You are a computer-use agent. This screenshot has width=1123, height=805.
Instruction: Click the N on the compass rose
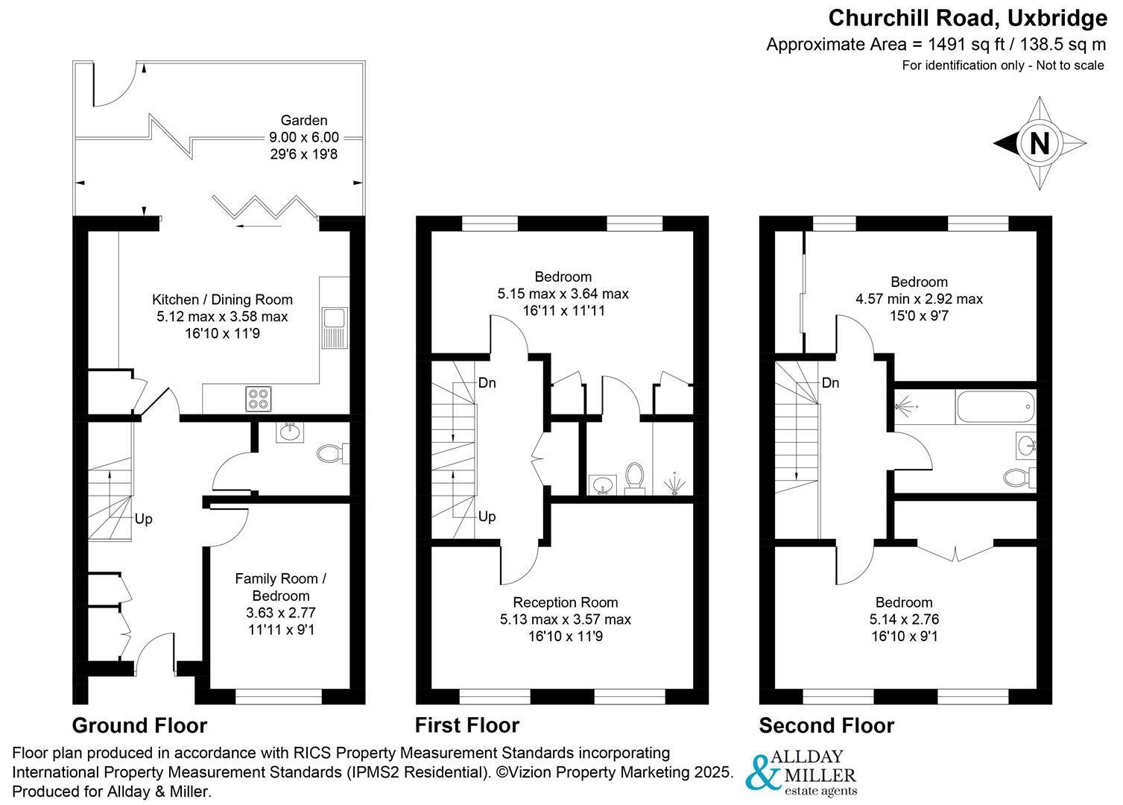point(1040,143)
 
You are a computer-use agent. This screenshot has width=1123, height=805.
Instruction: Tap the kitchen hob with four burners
point(258,399)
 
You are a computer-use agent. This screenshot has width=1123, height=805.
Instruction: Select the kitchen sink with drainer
point(335,328)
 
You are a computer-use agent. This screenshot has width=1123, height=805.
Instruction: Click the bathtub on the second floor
point(995,407)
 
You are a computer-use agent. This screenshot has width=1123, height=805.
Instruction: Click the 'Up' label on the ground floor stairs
point(143,519)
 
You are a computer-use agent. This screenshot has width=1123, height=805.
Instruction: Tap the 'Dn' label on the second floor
point(831,383)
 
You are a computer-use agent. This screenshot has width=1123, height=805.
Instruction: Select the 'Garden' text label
point(304,120)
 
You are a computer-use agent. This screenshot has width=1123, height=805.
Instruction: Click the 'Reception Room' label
point(565,602)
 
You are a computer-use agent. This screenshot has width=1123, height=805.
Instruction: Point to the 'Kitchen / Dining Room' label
point(222,300)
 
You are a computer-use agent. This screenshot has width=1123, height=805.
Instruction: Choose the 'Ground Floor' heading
point(139,725)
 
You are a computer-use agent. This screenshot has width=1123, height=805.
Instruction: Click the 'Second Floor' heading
point(826,725)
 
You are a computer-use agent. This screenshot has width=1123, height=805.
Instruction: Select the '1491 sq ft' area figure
point(966,45)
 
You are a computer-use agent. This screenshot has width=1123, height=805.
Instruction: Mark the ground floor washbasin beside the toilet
point(290,432)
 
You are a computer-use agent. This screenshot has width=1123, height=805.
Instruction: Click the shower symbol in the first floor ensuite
point(674,484)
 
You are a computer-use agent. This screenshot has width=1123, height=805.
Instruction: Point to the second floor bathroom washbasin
point(1025,445)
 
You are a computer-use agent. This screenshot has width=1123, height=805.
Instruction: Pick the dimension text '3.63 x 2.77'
point(281,613)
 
